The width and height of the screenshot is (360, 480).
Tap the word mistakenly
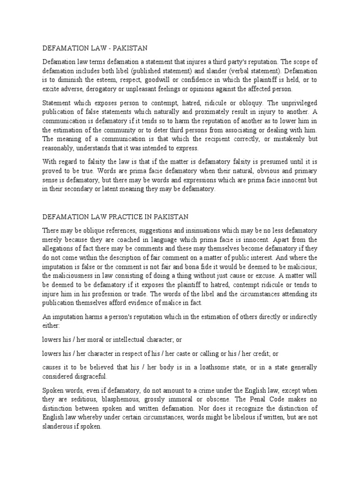click(287, 139)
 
